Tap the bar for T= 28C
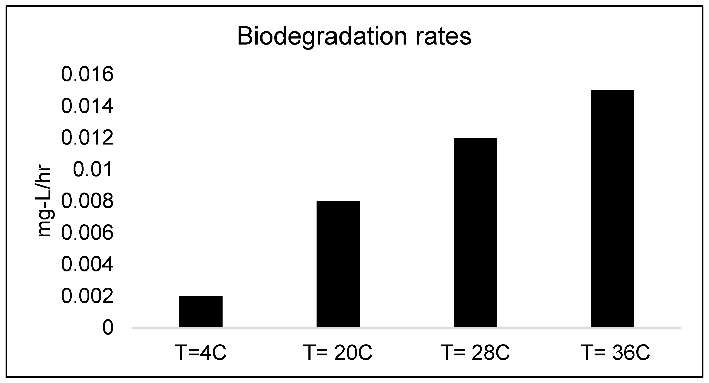475,232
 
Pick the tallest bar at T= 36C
612,208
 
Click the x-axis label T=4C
201,352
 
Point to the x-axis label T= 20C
338,352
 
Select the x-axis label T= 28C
475,352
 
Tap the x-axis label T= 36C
615,352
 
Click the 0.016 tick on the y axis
87,74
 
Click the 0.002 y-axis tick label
87,296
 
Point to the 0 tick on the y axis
108,328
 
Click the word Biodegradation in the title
322,37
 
